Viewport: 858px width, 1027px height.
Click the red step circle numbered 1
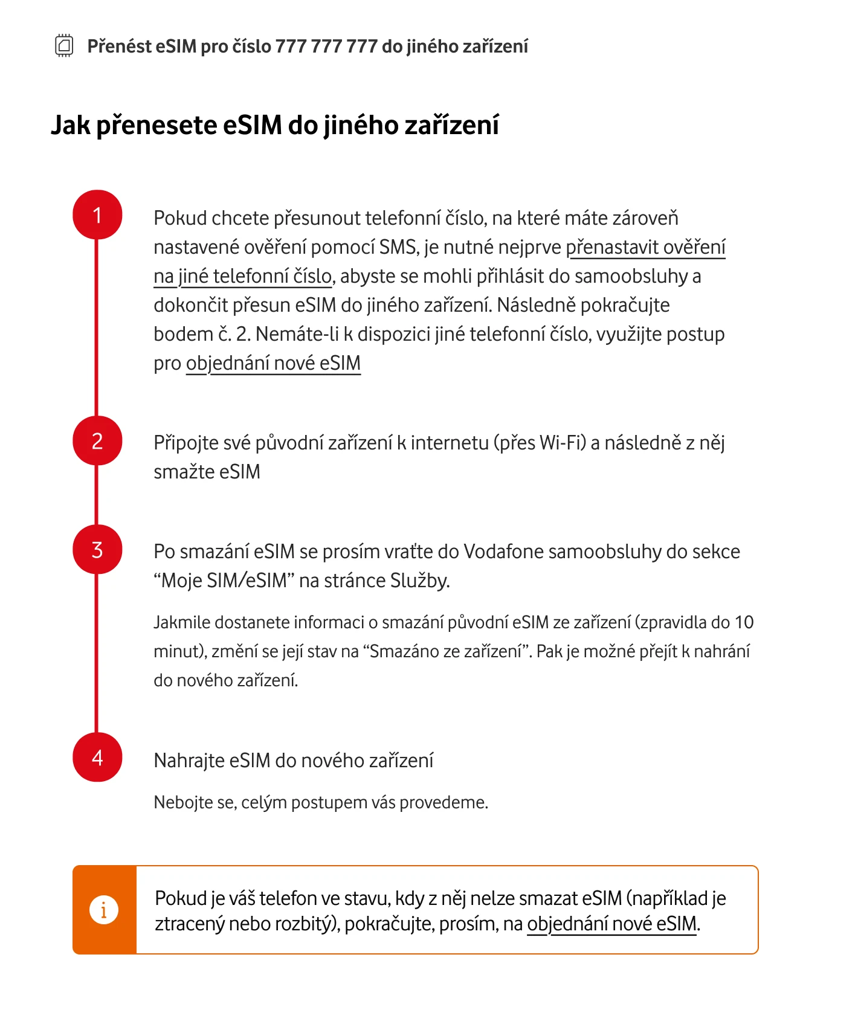tap(97, 215)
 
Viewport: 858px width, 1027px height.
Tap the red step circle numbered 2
tap(97, 441)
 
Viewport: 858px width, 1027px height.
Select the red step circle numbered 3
tap(97, 550)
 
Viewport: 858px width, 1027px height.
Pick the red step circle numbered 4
tap(97, 758)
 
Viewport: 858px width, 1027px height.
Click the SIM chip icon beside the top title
tap(64, 46)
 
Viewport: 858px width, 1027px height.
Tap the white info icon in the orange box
tap(104, 909)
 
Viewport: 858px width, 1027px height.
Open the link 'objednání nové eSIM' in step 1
tap(273, 364)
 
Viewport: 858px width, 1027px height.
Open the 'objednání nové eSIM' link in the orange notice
tap(611, 924)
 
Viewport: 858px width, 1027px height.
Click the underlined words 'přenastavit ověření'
tap(645, 248)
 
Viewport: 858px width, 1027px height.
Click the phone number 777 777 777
tap(326, 47)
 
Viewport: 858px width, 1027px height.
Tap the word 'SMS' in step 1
tap(398, 248)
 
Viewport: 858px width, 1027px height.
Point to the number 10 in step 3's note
tap(744, 622)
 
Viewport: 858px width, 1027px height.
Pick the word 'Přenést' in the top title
tap(119, 47)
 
